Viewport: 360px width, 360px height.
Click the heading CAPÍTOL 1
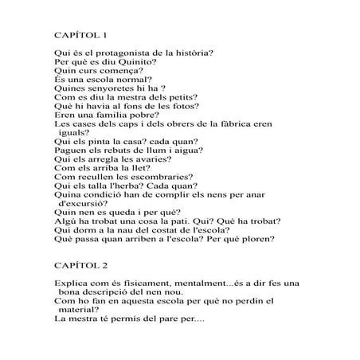84,35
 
